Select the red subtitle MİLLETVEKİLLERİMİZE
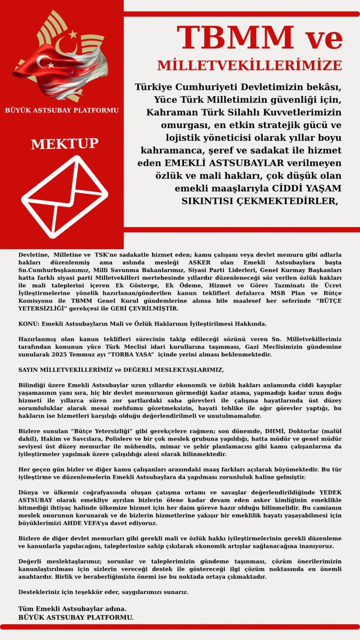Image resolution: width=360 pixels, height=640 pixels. [x=250, y=66]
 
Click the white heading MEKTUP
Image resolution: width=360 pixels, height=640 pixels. [x=65, y=144]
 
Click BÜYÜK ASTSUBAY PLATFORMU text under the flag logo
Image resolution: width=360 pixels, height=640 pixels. [x=61, y=110]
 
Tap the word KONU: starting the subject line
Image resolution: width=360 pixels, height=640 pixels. [x=28, y=324]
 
